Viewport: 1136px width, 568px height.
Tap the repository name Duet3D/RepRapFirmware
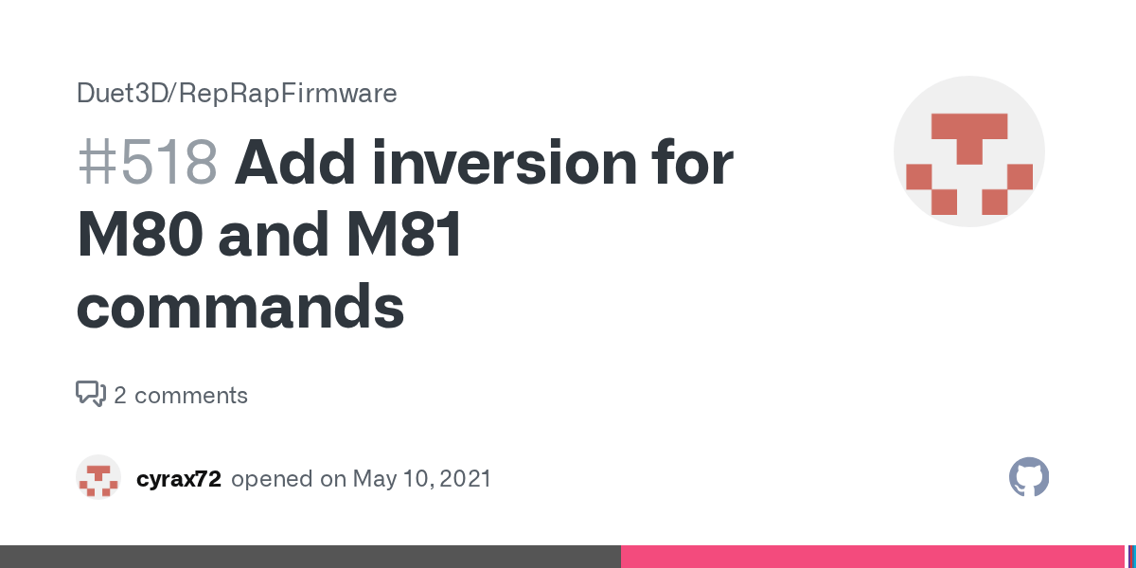click(x=237, y=94)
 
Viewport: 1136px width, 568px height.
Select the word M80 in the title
click(x=140, y=235)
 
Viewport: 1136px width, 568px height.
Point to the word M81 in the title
click(x=405, y=235)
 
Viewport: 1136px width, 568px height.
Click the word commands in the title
click(x=240, y=307)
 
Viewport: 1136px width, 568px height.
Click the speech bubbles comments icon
click(x=91, y=394)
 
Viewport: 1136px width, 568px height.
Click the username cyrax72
click(x=179, y=479)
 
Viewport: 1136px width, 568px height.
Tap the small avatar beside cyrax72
click(x=98, y=477)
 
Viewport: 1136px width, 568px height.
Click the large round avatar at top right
click(x=969, y=151)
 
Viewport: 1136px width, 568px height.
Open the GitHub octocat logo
click(x=1029, y=477)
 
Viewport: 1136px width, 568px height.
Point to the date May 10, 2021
click(x=422, y=479)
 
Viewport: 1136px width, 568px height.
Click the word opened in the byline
click(x=272, y=479)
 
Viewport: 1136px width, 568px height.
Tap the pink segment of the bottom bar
click(x=873, y=557)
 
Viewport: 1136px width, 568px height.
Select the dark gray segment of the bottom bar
click(x=311, y=557)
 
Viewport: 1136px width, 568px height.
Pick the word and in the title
click(x=274, y=235)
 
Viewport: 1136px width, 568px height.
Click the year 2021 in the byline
click(x=466, y=479)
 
